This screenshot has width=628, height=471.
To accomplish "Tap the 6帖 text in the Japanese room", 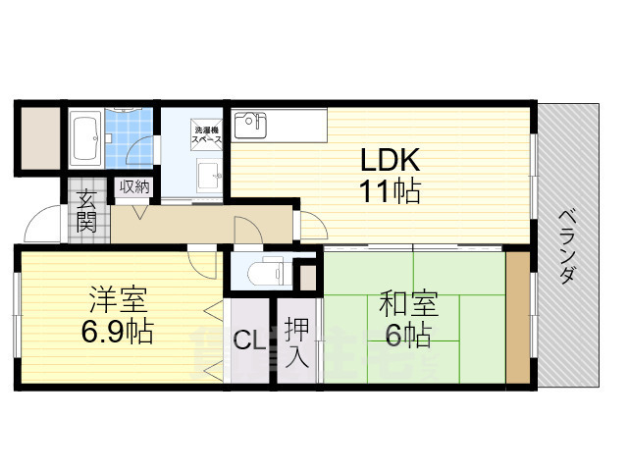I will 407,337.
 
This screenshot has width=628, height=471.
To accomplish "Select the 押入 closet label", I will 297,342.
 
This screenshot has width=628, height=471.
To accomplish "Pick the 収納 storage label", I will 135,186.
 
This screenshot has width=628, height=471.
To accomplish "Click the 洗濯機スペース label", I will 207,134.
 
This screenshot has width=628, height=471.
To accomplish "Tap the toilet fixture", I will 263,272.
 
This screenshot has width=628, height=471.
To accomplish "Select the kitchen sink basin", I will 252,126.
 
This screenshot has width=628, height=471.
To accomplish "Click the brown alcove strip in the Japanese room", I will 516,318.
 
